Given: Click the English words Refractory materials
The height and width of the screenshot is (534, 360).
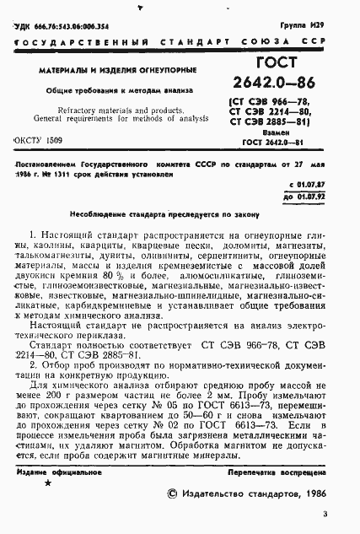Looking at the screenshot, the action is click(x=88, y=111).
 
